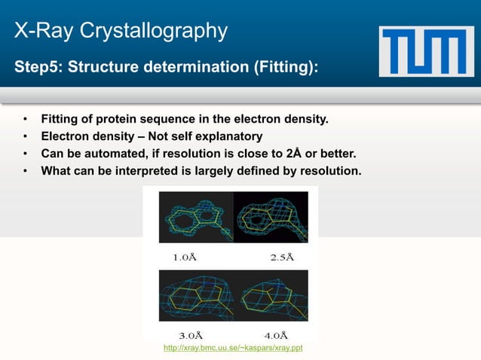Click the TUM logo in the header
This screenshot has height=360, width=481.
coord(426,50)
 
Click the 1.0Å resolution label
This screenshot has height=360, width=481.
coord(185,256)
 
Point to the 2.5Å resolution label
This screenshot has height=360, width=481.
coord(281,256)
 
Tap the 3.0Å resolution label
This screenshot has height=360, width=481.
coord(189,334)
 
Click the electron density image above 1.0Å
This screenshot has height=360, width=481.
coord(195,216)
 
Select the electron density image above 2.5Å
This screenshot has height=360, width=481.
coord(271,216)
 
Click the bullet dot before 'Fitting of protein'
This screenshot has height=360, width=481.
coord(25,120)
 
